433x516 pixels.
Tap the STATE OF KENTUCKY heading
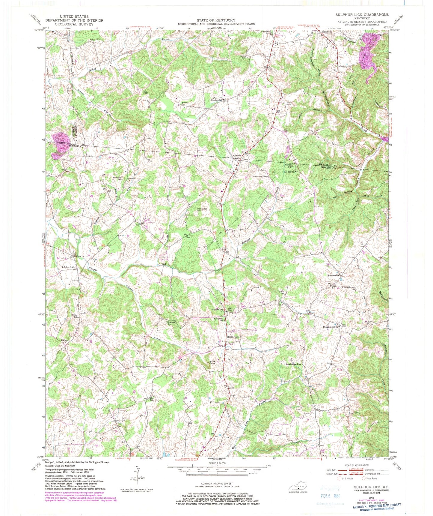point(216,20)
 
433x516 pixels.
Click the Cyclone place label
point(238,156)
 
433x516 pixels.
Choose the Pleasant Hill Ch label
point(330,327)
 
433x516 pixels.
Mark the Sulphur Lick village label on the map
point(68,267)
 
